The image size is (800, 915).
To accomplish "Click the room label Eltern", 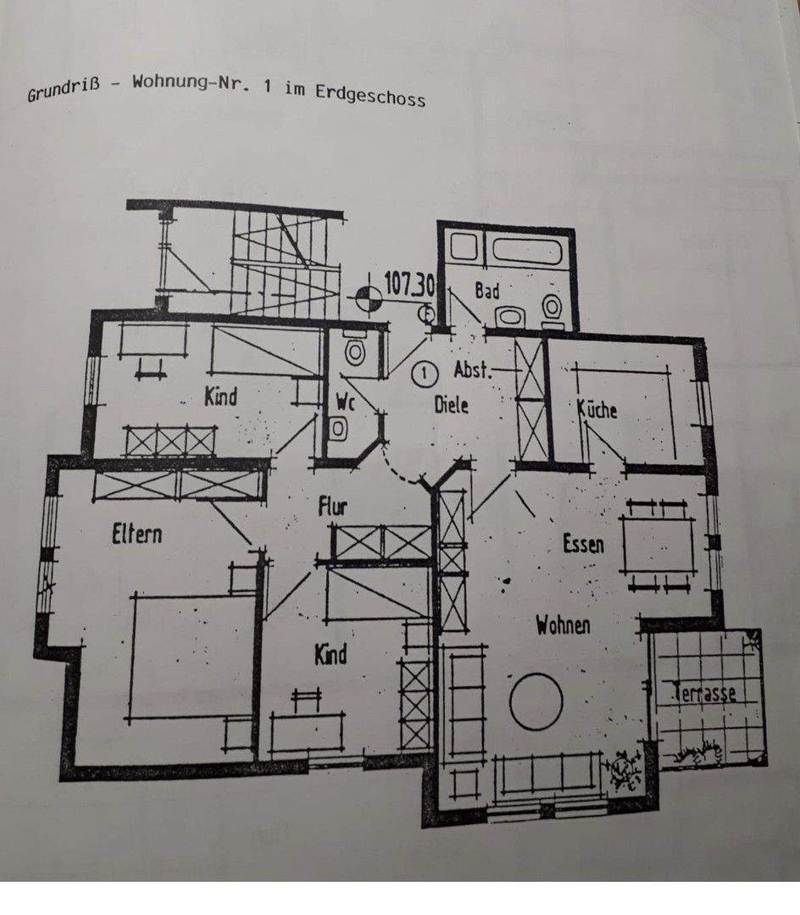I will (136, 535).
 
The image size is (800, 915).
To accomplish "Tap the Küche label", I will (597, 409).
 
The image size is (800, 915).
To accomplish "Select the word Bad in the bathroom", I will (486, 291).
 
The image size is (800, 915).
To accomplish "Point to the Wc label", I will (345, 403).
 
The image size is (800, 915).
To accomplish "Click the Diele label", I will (451, 404).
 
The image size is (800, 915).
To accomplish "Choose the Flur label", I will (332, 507).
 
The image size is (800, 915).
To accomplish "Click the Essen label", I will (583, 543).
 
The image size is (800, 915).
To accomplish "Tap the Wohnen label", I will (563, 626).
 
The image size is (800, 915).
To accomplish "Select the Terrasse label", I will (703, 693).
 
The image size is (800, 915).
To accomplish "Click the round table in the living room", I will (536, 701).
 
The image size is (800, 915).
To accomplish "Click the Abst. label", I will (473, 369).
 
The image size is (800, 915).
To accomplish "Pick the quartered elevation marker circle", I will (366, 297).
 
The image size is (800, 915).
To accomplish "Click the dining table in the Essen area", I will (657, 545).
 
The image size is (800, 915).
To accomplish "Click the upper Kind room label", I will (220, 396).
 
